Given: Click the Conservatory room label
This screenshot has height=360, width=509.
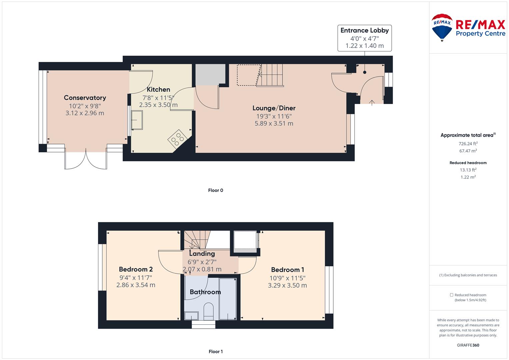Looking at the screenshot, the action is pyautogui.click(x=85, y=98).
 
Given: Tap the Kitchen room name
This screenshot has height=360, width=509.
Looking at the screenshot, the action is pyautogui.click(x=158, y=89).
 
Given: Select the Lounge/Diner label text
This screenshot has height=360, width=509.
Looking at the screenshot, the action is pyautogui.click(x=274, y=108).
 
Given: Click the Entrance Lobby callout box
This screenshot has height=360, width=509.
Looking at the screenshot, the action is pyautogui.click(x=364, y=38).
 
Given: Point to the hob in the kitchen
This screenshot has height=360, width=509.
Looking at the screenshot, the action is pyautogui.click(x=177, y=139).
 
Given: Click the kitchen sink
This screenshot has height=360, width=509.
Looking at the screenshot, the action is pyautogui.click(x=137, y=120).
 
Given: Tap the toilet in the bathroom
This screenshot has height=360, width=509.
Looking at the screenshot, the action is pyautogui.click(x=208, y=311).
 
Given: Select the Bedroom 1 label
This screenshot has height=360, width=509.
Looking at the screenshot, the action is pyautogui.click(x=287, y=270).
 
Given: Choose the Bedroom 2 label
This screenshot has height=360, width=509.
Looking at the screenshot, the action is pyautogui.click(x=136, y=269).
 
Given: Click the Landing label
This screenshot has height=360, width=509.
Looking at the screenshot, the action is pyautogui.click(x=202, y=253).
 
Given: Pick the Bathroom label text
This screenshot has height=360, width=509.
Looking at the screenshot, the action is pyautogui.click(x=205, y=292).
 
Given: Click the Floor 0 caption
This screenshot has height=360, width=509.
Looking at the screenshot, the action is pyautogui.click(x=216, y=190).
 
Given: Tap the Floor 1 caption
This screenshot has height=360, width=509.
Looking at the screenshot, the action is pyautogui.click(x=216, y=351).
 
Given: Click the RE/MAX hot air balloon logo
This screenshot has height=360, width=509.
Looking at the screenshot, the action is pyautogui.click(x=442, y=27).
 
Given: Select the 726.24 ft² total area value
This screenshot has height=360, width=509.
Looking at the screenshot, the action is pyautogui.click(x=468, y=143).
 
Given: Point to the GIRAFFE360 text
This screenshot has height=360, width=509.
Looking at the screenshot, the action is pyautogui.click(x=468, y=345).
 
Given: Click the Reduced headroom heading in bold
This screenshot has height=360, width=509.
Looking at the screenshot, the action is pyautogui.click(x=468, y=163).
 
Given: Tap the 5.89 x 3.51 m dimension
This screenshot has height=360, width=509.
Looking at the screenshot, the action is pyautogui.click(x=274, y=123).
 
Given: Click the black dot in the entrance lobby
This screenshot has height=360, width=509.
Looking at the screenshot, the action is pyautogui.click(x=364, y=72).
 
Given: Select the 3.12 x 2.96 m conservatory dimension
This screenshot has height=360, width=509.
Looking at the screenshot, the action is pyautogui.click(x=85, y=113).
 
